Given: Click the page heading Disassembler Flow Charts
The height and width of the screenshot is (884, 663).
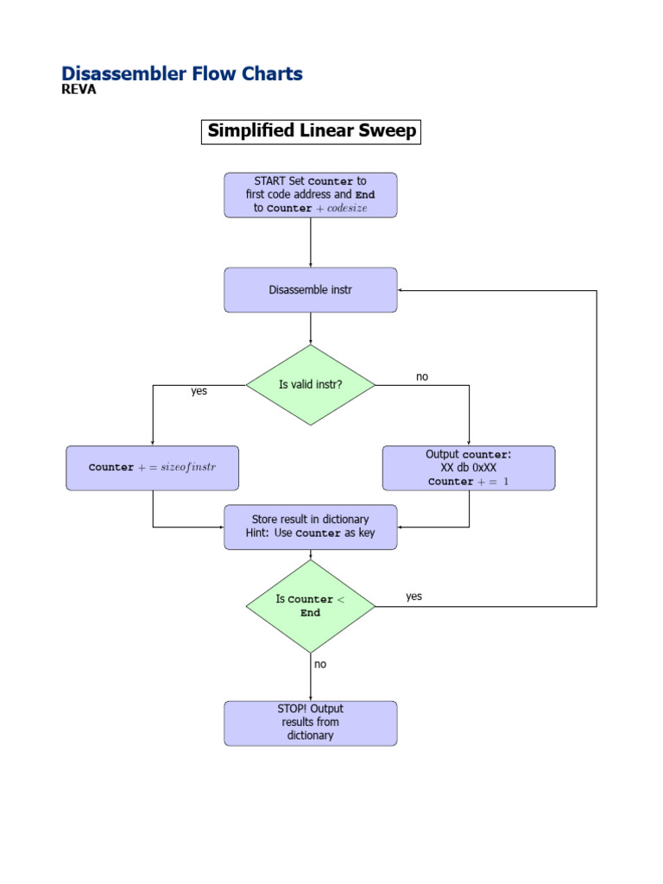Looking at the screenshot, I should tap(182, 74).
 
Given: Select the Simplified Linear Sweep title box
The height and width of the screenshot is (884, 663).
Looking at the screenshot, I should tap(311, 131).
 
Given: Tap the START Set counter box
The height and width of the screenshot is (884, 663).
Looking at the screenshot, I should tap(311, 195).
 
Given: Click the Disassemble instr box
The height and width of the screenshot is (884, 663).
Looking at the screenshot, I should tap(311, 290).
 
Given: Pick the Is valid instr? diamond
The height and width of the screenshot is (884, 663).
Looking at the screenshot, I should tap(311, 385).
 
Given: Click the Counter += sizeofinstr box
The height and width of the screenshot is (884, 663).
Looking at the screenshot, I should tap(153, 468).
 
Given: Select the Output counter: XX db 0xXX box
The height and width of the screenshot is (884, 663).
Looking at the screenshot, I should tap(469, 468).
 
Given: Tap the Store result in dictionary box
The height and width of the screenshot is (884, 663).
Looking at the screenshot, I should tap(311, 527).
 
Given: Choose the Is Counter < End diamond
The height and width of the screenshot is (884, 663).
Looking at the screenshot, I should tap(311, 606).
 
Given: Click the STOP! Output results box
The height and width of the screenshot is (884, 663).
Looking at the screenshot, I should tap(311, 723).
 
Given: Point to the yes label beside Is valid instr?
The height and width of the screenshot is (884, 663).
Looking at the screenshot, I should tap(199, 391).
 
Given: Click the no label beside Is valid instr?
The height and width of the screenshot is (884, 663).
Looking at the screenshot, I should tap(422, 377).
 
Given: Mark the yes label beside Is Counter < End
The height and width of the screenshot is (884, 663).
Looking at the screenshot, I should tap(414, 597).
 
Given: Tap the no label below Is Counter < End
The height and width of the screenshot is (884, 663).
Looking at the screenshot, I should tap(320, 664).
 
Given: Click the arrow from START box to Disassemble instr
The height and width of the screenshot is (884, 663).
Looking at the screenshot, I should tap(311, 243).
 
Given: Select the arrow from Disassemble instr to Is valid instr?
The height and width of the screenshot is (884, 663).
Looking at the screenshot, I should tap(311, 329).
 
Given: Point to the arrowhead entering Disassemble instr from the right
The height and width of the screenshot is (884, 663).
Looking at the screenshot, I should tap(403, 290).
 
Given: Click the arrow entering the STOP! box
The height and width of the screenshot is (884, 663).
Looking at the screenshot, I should tap(311, 677).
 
